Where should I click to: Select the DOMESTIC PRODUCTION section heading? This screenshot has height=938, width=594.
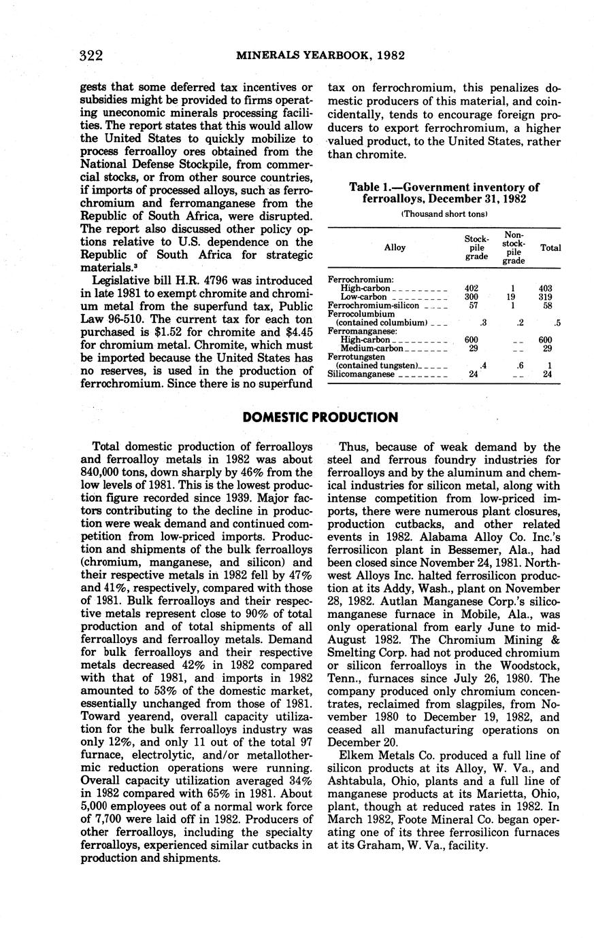(x=320, y=417)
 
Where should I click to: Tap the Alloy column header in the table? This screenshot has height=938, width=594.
(x=395, y=247)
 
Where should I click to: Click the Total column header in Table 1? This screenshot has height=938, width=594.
(x=550, y=248)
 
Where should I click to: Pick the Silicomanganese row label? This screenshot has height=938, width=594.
(x=353, y=375)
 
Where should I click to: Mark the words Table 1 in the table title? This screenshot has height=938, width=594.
(x=372, y=187)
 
